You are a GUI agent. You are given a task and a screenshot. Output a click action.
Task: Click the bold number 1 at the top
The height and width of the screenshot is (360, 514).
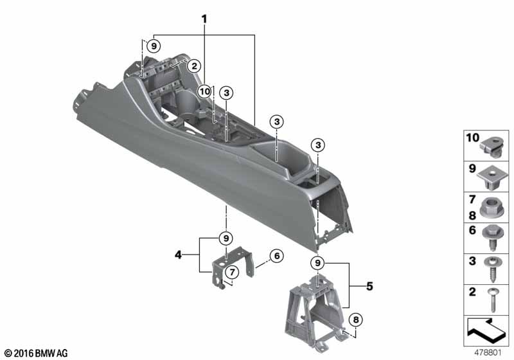(x=204, y=19)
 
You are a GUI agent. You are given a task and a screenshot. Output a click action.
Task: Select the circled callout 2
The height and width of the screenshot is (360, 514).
(x=194, y=66)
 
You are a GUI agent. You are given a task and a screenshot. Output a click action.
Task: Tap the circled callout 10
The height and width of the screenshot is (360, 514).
(x=204, y=91)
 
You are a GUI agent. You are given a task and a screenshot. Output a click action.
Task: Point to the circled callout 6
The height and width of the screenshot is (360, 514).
(x=277, y=255)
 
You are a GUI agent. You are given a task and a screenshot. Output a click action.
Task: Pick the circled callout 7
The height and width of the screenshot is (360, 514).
(x=232, y=272)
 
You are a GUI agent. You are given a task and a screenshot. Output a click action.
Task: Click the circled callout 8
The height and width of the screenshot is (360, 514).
(x=356, y=319)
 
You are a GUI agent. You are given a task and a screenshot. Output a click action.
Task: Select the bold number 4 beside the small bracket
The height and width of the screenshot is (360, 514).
(x=178, y=255)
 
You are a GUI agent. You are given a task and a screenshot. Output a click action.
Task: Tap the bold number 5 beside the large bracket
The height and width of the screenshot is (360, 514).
(x=370, y=286)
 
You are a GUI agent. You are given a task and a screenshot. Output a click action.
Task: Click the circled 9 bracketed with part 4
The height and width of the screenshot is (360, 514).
(x=226, y=238)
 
